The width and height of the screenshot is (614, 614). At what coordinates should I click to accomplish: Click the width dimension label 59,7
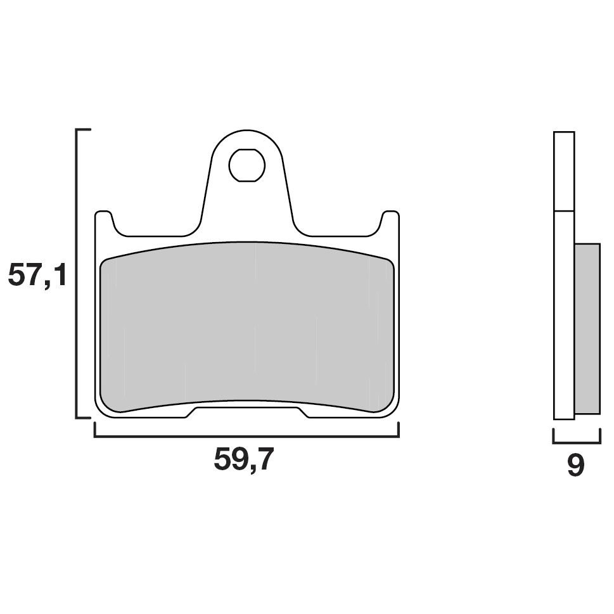243,459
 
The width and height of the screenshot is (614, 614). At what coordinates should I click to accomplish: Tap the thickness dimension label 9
575,465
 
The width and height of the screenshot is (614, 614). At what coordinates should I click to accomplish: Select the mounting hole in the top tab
246,165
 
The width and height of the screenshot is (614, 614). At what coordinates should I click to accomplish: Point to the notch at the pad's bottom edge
246,413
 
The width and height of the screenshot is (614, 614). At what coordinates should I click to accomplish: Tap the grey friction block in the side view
587,328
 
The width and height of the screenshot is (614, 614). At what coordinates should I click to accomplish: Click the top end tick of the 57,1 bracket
83,129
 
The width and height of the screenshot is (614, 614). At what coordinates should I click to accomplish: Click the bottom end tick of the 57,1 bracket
83,418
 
